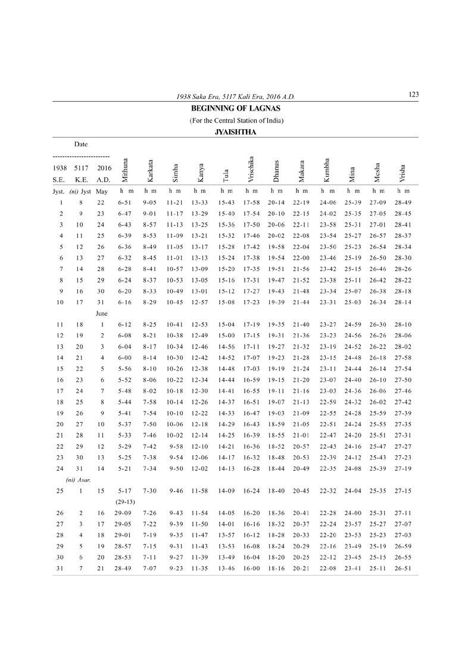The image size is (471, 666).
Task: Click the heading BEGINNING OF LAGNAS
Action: [236, 108]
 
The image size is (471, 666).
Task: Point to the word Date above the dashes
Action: [81, 144]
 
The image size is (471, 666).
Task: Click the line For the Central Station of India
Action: [236, 120]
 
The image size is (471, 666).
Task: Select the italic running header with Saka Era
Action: [236, 96]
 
